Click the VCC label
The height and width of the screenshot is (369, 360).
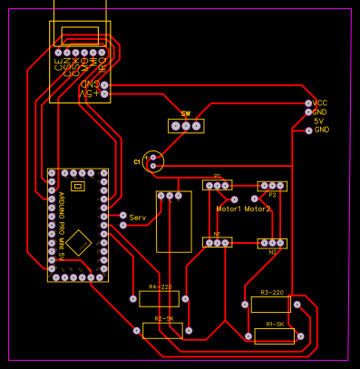[320, 103]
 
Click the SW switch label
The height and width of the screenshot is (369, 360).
[186, 114]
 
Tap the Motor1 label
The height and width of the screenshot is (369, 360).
[229, 209]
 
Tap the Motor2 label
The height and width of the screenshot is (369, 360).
[257, 209]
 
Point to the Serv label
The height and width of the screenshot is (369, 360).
[138, 218]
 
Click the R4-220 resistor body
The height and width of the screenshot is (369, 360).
[159, 298]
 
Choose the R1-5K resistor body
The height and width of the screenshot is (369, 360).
[274, 336]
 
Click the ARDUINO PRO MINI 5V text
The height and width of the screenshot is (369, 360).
[61, 226]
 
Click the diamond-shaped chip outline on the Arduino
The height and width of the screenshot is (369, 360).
[79, 243]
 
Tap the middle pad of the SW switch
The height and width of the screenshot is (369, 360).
[186, 126]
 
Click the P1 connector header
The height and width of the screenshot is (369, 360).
[218, 185]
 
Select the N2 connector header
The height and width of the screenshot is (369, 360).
[273, 243]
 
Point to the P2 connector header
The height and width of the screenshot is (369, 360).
[273, 186]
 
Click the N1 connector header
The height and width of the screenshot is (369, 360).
[218, 242]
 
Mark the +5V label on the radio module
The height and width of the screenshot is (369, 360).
[86, 93]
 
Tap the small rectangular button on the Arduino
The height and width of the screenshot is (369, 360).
[77, 186]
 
